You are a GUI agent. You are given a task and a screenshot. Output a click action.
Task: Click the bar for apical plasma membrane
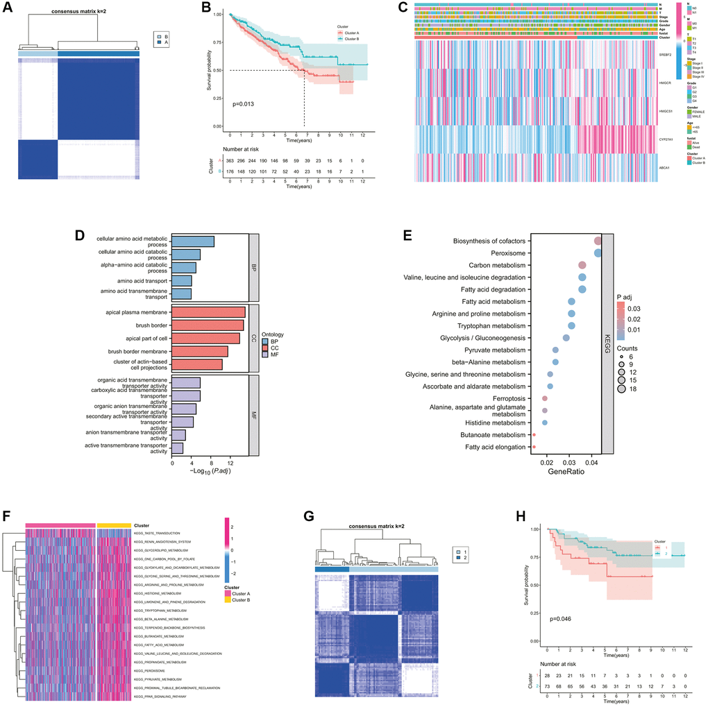tap(208, 313)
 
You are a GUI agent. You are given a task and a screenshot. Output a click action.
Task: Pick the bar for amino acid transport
tap(181, 280)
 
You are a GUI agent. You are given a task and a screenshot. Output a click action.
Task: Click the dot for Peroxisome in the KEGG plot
tap(598, 253)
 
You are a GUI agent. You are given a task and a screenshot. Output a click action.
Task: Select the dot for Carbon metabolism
tap(582, 265)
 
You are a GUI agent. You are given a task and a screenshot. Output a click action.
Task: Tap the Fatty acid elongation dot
tap(534, 447)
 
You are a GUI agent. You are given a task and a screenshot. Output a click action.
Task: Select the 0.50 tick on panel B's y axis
tap(219, 70)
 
